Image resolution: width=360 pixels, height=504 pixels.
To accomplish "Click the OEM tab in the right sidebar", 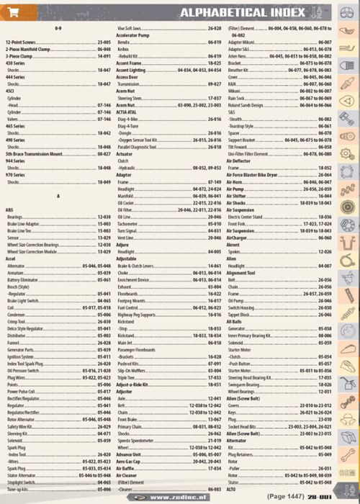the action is coord(348,472).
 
